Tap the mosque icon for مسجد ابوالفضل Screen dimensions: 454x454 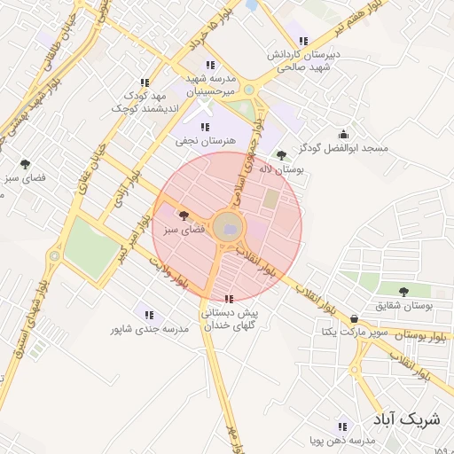point(343,135)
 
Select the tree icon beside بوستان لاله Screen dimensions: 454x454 point(281,155)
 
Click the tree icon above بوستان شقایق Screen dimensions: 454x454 point(403,291)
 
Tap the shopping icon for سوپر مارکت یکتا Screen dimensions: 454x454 point(355,317)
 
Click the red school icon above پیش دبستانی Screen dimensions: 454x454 point(230,299)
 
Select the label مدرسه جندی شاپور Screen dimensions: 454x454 point(150,329)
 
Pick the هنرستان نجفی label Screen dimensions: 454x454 point(206,141)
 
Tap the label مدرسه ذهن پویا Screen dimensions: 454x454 point(340,440)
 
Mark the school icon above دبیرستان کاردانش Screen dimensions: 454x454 point(303,41)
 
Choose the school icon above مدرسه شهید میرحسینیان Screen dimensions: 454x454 point(210,65)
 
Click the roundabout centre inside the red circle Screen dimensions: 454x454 point(228,227)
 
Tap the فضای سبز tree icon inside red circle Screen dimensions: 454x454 point(184,215)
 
